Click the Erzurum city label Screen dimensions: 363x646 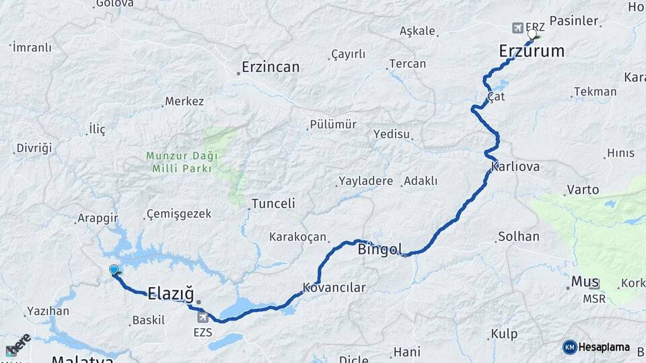(532, 51)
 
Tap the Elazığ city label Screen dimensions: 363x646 (171, 294)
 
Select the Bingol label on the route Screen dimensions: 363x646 (380, 250)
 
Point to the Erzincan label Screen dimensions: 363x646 (271, 67)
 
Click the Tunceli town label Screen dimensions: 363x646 (273, 204)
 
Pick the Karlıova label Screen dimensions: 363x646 (515, 167)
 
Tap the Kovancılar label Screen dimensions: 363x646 (334, 288)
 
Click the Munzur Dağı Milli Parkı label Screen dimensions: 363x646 (178, 162)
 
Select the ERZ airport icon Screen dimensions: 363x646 (517, 28)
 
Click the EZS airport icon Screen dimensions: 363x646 (203, 317)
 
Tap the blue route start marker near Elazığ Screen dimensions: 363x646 (114, 270)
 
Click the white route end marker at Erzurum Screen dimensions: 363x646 (533, 33)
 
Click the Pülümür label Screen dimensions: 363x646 (332, 124)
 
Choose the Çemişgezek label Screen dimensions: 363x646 (179, 214)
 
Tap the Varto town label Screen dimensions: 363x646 (583, 190)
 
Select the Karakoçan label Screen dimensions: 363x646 (297, 237)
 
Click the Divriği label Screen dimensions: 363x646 (34, 148)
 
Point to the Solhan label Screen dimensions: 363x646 (518, 237)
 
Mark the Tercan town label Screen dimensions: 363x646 (407, 64)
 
